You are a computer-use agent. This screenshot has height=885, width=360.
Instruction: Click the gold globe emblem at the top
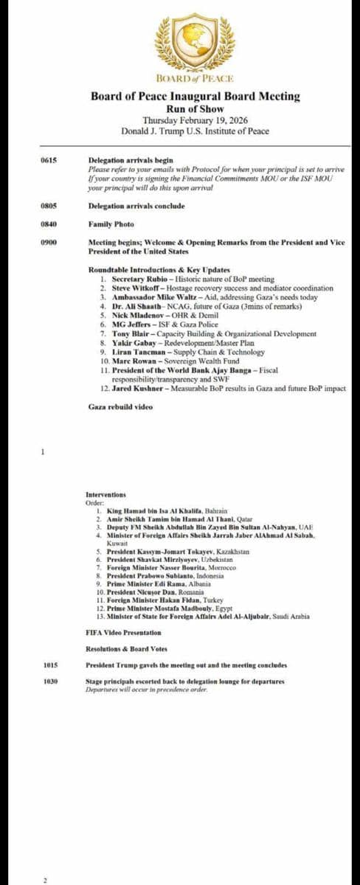pyautogui.click(x=195, y=41)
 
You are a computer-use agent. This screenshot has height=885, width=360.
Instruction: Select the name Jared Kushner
pyautogui.click(x=134, y=388)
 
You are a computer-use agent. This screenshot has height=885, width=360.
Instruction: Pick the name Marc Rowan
pyautogui.click(x=131, y=361)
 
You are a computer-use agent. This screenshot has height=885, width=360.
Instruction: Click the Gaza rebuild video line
pyautogui.click(x=120, y=406)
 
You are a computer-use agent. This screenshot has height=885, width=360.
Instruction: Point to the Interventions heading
pyautogui.click(x=105, y=494)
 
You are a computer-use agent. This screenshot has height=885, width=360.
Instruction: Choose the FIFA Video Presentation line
pyautogui.click(x=123, y=633)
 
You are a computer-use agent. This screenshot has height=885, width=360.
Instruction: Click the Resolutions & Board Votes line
pyautogui.click(x=126, y=649)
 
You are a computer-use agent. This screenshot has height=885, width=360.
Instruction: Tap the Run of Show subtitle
pyautogui.click(x=195, y=108)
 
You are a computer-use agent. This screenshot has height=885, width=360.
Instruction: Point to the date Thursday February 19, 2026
pyautogui.click(x=195, y=119)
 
